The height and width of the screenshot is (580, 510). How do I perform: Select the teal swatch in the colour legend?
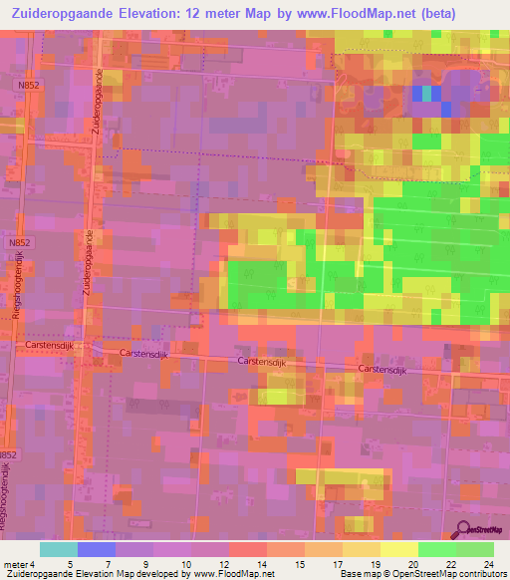point(59,549)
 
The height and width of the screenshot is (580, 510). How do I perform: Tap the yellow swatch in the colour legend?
point(398,549)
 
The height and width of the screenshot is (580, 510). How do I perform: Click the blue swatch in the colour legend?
point(97,549)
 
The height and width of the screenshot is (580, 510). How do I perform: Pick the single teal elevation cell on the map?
point(428,93)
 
